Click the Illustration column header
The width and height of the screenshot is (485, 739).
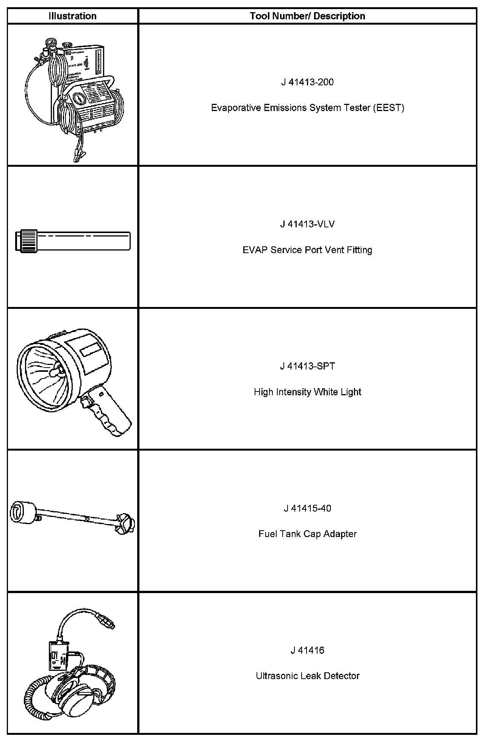(x=72, y=16)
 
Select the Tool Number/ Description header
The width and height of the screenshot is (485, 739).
(x=307, y=16)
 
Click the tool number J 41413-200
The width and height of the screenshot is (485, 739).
(x=307, y=82)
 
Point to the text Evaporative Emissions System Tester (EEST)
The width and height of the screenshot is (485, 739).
(x=307, y=108)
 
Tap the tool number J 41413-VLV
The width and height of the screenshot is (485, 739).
(x=307, y=224)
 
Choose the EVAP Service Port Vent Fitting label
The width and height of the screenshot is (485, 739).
(x=307, y=250)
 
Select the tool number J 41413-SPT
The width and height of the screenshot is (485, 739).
(x=307, y=366)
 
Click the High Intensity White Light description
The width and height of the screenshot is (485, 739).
(x=307, y=392)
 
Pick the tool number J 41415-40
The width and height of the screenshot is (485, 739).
(x=307, y=508)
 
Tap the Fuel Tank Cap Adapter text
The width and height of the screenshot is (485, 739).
(x=307, y=534)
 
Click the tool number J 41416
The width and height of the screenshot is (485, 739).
(x=307, y=650)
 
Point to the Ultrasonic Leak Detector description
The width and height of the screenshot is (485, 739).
(x=307, y=676)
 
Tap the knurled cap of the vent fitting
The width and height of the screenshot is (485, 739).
(x=27, y=240)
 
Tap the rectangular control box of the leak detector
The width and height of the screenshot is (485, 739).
(x=59, y=655)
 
